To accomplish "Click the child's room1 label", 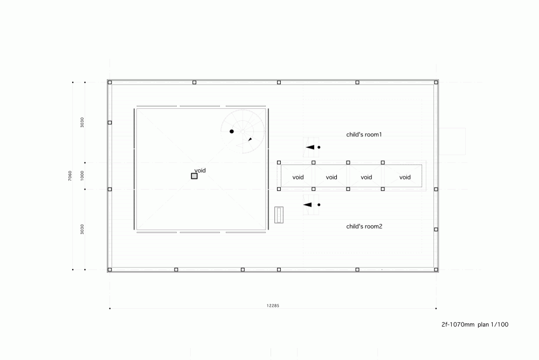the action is pyautogui.click(x=364, y=134).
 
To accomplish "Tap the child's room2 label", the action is pyautogui.click(x=364, y=226).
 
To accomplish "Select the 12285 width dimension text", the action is pyautogui.click(x=273, y=306).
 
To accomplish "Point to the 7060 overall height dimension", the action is pyautogui.click(x=70, y=176).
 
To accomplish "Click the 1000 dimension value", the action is pyautogui.click(x=82, y=176).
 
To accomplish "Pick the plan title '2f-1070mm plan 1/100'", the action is pyautogui.click(x=475, y=324).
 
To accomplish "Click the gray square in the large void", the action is pyautogui.click(x=194, y=176).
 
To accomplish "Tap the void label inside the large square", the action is pyautogui.click(x=200, y=170).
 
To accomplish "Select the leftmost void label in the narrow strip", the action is pyautogui.click(x=298, y=177).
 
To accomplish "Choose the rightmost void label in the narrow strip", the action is pyautogui.click(x=405, y=177).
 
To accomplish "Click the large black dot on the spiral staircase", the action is pyautogui.click(x=232, y=131).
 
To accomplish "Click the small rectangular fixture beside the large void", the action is pyautogui.click(x=279, y=215).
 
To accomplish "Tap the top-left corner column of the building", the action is pyautogui.click(x=109, y=82).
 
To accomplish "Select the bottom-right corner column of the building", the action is pyautogui.click(x=436, y=270).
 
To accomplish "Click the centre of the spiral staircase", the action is pyautogui.click(x=243, y=131).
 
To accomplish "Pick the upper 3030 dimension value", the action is pyautogui.click(x=82, y=122).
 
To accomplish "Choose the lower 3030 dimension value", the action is pyautogui.click(x=82, y=230).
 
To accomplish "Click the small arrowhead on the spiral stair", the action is pyautogui.click(x=250, y=139).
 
